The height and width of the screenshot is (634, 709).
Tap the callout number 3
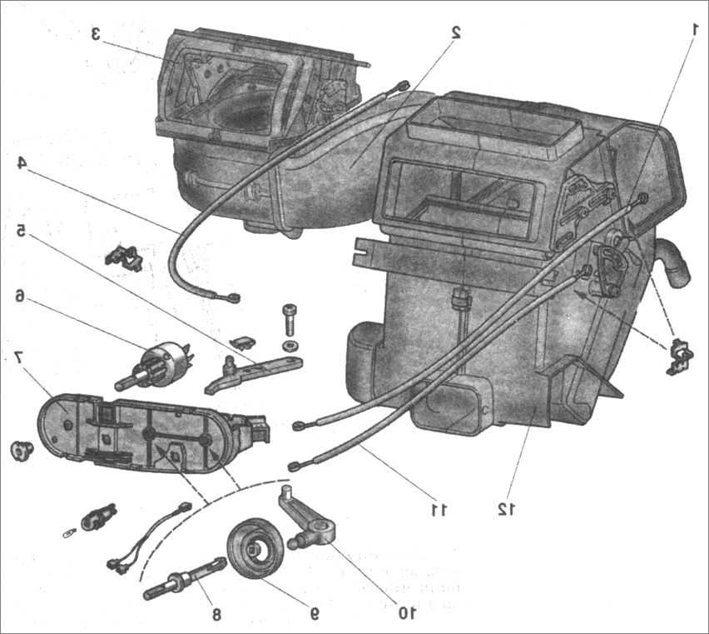coord(97,34)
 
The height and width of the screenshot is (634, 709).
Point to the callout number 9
coord(314,614)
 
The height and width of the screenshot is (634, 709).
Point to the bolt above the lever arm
coord(290,316)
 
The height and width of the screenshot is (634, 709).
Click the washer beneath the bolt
coord(289,344)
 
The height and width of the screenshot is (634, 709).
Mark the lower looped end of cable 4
coord(232,297)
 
